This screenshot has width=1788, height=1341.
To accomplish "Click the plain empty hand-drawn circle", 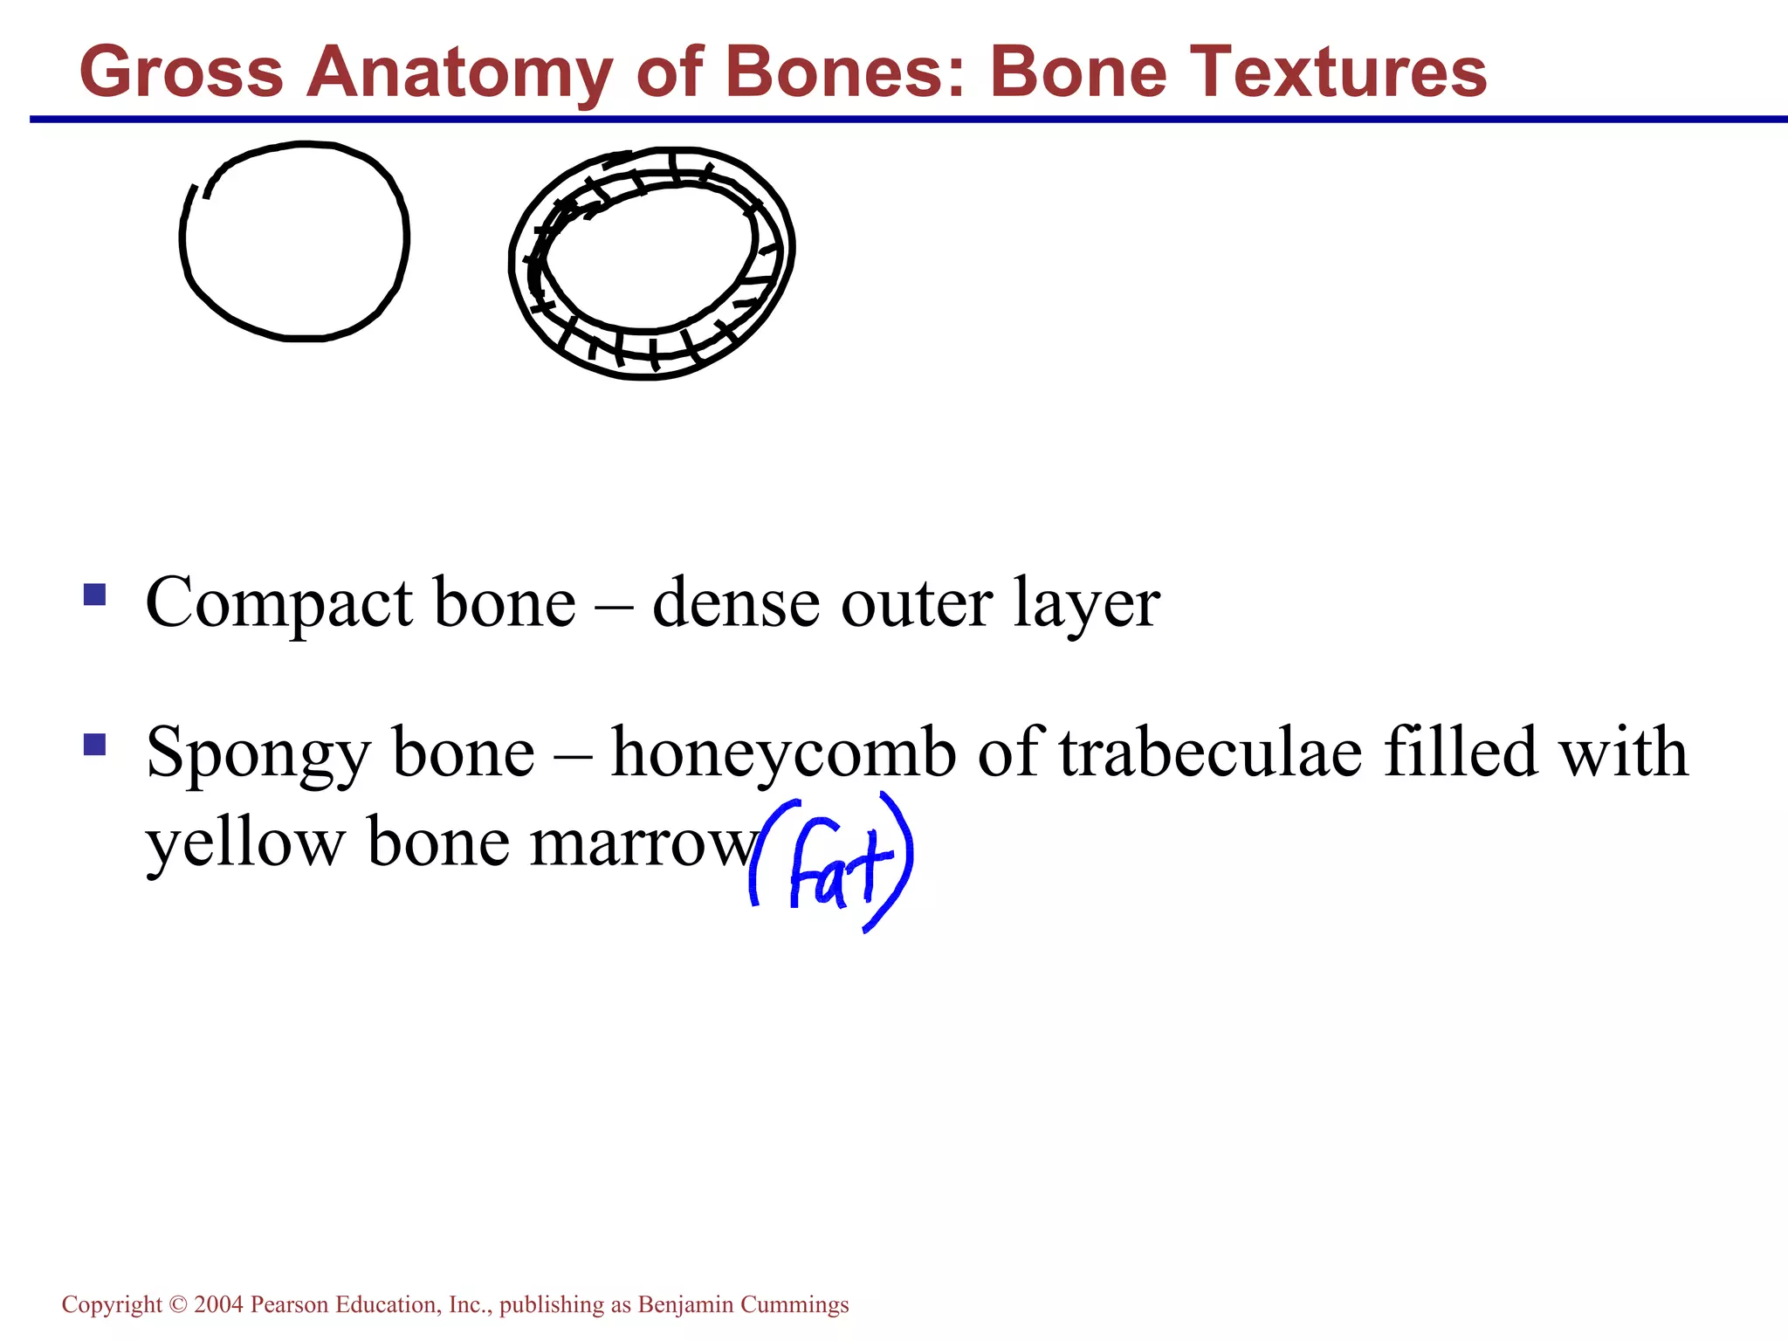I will (x=294, y=241).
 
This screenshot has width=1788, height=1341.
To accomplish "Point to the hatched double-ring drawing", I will (x=651, y=264).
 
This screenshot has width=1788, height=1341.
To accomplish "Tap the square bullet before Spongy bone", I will (x=94, y=744).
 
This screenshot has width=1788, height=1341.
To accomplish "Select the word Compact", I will (x=279, y=604).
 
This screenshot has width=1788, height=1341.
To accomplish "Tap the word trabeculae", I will (x=1210, y=753).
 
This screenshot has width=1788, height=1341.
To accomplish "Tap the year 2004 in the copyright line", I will (x=218, y=1305).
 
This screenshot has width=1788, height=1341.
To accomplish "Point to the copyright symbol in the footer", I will (x=178, y=1305).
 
